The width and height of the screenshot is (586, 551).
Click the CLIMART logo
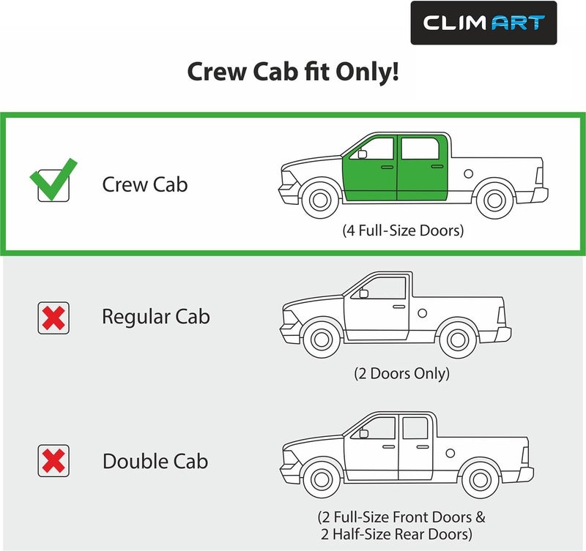[483, 23]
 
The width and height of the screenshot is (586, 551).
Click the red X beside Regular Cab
[53, 318]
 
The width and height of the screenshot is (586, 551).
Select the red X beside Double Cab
[53, 461]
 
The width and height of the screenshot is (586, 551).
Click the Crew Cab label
[144, 184]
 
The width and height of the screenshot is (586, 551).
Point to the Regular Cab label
[156, 318]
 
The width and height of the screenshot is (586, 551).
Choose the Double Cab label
[155, 461]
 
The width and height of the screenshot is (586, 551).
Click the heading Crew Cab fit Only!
[293, 72]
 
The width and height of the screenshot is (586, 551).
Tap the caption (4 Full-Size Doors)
[403, 230]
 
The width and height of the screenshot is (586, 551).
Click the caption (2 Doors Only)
[401, 373]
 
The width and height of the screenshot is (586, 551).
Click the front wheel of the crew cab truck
[320, 199]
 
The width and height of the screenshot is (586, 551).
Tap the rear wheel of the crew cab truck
[494, 200]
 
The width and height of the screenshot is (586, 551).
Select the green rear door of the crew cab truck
[423, 168]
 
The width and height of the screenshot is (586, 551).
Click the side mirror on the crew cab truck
[363, 154]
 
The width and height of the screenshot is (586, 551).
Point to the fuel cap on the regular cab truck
[423, 313]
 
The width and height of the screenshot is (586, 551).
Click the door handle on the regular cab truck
[398, 307]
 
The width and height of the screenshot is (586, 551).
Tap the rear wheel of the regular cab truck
[458, 340]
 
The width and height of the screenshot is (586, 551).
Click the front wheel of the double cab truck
[322, 479]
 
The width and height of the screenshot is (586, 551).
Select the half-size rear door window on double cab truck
[415, 428]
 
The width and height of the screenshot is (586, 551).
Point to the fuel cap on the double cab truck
[450, 453]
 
